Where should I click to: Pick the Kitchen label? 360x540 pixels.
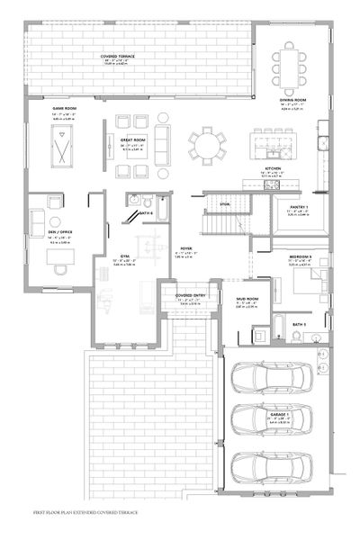274,168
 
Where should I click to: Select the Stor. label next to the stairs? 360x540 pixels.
226,206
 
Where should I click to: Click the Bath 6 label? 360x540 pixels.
147,212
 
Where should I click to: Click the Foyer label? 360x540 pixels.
188,247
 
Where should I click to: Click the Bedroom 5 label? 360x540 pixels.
301,256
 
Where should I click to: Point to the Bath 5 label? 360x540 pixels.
299,323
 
